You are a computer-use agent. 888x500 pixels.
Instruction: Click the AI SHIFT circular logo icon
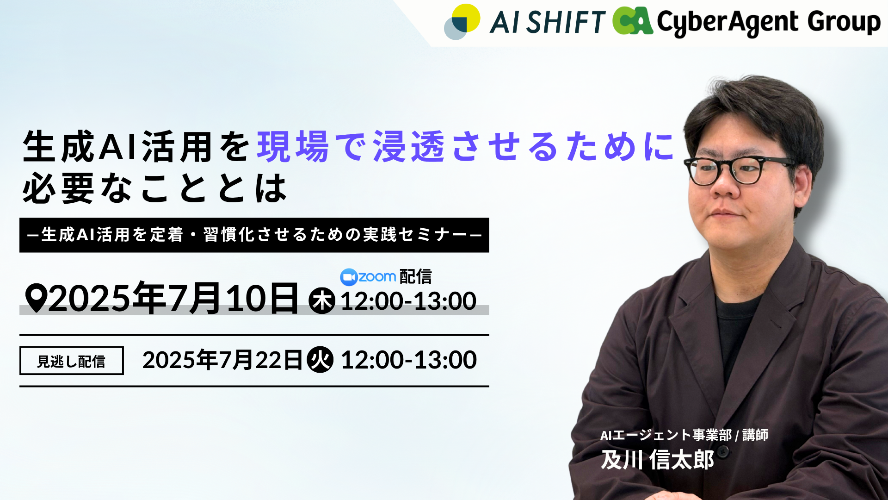pyautogui.click(x=462, y=22)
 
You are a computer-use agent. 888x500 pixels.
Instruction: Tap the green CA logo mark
pyautogui.click(x=633, y=21)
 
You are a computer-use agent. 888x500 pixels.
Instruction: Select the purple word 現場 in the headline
pyautogui.click(x=293, y=146)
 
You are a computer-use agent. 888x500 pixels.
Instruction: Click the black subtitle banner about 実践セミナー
pyautogui.click(x=254, y=235)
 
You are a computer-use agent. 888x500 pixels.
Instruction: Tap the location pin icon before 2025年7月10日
pyautogui.click(x=36, y=298)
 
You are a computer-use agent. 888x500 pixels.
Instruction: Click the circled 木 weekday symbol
pyautogui.click(x=322, y=301)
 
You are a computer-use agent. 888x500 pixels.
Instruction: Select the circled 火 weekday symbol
pyautogui.click(x=320, y=360)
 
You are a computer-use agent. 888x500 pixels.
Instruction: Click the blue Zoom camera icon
pyautogui.click(x=349, y=277)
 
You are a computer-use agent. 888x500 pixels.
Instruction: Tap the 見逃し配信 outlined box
pyautogui.click(x=71, y=361)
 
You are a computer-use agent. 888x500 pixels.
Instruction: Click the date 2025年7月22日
pyautogui.click(x=222, y=360)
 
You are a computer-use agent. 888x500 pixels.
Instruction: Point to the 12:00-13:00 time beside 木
pyautogui.click(x=408, y=301)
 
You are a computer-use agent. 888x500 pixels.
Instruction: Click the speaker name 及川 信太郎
pyautogui.click(x=658, y=460)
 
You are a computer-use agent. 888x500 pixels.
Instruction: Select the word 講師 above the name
pyautogui.click(x=755, y=435)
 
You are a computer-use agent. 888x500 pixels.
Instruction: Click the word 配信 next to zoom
pyautogui.click(x=415, y=277)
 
